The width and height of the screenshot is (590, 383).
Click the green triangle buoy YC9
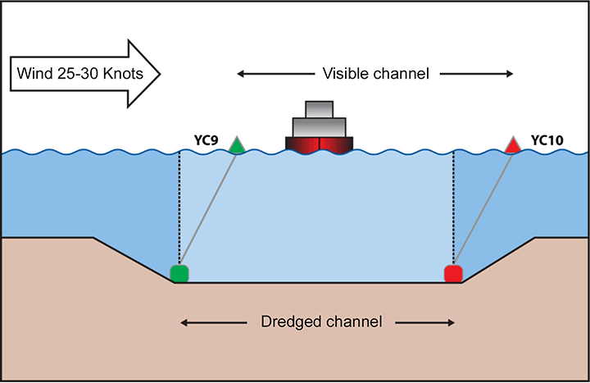tap(236, 147)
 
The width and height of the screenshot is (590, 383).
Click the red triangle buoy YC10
tap(513, 147)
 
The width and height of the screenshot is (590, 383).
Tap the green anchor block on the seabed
tap(179, 273)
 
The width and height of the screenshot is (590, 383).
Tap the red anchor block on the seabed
tap(452, 273)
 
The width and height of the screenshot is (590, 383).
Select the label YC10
tap(547, 140)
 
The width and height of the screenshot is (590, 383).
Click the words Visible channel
tap(376, 74)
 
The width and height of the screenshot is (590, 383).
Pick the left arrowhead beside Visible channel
tap(242, 74)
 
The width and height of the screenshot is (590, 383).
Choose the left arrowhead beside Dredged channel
tap(184, 321)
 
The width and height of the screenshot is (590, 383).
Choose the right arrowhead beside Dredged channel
tap(451, 321)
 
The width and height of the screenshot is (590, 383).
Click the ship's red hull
tap(319, 144)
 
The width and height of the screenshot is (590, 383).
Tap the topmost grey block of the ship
tap(319, 109)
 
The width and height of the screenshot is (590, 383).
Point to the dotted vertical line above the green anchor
tap(179, 205)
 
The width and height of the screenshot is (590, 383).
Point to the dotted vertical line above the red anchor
tap(453, 205)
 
